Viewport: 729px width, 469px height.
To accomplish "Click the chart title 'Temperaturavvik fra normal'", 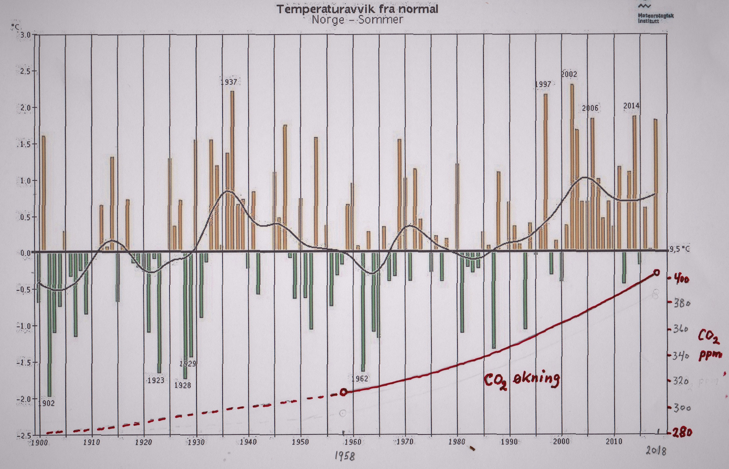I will (x=357, y=9).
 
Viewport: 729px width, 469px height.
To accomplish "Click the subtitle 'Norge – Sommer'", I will (x=357, y=20).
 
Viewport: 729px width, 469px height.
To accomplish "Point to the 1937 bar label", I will (x=229, y=82).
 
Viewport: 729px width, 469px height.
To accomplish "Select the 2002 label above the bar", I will (x=569, y=74).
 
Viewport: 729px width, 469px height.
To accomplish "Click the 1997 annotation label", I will (x=543, y=84).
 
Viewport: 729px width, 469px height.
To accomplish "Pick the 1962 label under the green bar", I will (x=360, y=379).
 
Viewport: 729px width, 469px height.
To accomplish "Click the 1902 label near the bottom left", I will (x=46, y=403).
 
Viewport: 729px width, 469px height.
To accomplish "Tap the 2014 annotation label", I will (x=631, y=106).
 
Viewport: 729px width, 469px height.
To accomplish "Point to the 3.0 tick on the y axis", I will (x=26, y=35).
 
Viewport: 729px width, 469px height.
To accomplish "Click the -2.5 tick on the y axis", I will (x=24, y=435).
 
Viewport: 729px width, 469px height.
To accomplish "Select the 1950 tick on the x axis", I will (x=300, y=442).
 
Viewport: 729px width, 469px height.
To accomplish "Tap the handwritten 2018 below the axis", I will (x=656, y=451).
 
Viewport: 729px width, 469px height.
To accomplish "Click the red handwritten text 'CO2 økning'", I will (x=522, y=380).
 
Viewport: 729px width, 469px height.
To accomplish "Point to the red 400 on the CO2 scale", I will (x=681, y=279).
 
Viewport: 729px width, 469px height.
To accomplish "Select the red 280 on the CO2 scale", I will (x=682, y=433).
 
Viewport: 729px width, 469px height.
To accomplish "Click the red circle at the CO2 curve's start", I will (x=344, y=392).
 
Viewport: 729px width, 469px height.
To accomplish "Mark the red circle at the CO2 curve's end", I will (x=656, y=273).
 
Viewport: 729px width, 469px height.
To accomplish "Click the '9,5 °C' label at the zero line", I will (x=680, y=249).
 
